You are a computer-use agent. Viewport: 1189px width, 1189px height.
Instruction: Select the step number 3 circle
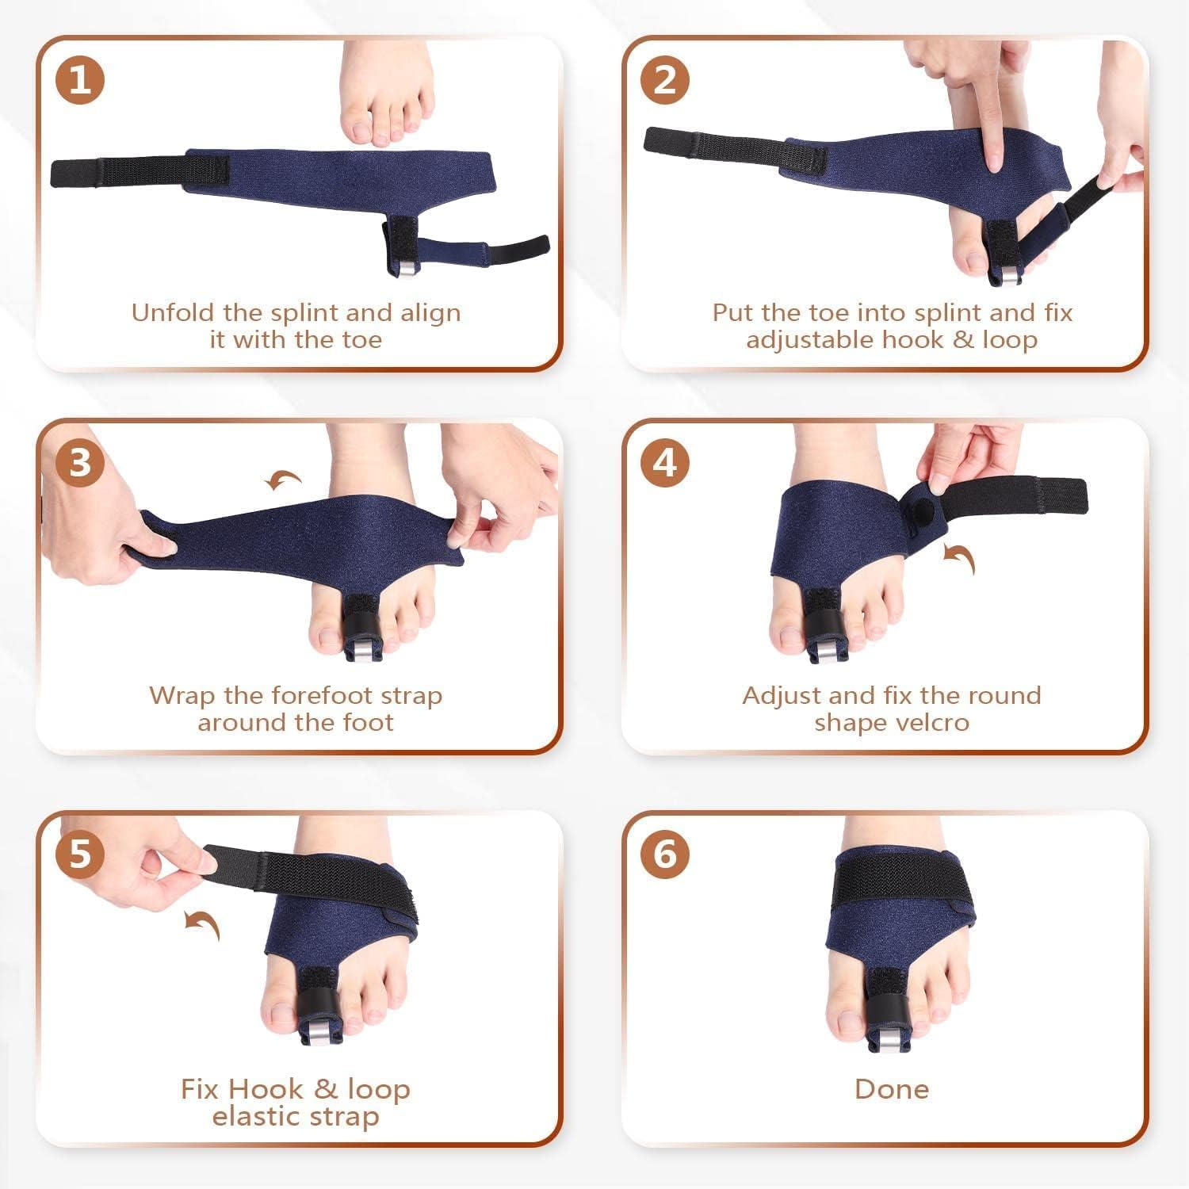80,462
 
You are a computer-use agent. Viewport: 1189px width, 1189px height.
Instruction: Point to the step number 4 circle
664,462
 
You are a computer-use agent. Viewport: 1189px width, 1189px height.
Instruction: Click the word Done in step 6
891,1088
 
